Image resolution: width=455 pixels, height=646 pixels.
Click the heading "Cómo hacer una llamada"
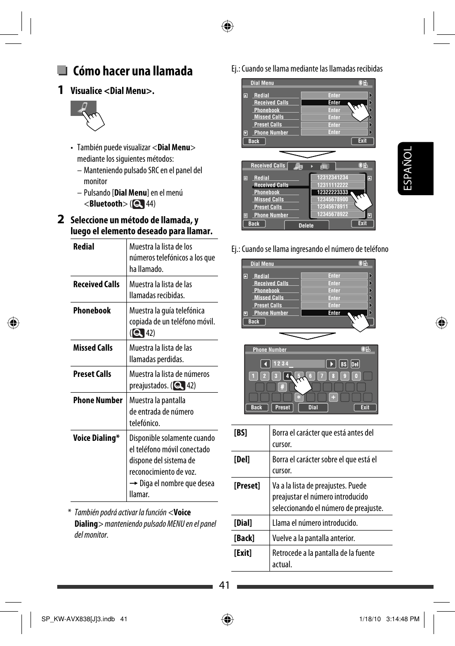click(133, 71)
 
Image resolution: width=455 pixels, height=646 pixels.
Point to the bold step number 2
click(61, 219)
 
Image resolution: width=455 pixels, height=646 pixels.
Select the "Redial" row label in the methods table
click(84, 247)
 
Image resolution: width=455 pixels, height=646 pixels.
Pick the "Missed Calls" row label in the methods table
click(93, 348)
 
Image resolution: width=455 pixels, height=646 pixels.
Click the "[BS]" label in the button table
click(240, 433)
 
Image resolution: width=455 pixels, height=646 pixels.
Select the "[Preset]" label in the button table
click(247, 486)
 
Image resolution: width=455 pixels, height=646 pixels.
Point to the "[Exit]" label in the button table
click(242, 553)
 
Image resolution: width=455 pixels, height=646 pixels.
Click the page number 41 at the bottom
click(225, 585)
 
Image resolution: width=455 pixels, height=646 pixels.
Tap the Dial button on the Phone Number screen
click(313, 407)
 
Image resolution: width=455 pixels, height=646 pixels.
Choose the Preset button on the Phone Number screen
click(282, 407)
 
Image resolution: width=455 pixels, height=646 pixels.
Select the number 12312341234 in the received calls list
click(332, 177)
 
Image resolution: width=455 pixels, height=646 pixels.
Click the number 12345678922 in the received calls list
click(332, 214)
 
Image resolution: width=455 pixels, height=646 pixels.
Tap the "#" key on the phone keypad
click(282, 387)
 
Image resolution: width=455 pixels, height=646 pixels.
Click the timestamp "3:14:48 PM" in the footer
click(403, 619)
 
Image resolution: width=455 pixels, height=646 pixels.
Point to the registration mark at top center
click(227, 26)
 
